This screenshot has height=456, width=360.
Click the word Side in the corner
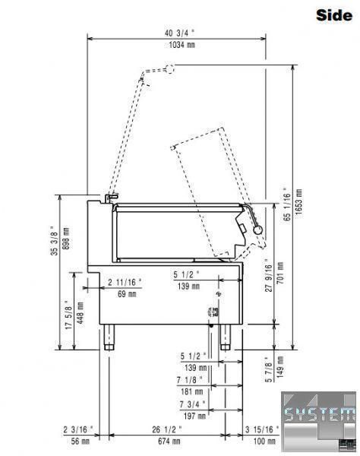(x=334, y=15)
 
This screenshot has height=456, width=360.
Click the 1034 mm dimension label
(x=182, y=45)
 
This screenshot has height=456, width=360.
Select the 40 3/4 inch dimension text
(x=179, y=33)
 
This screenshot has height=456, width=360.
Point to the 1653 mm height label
(x=298, y=201)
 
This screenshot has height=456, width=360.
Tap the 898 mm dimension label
(x=66, y=238)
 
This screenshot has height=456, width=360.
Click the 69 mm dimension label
(x=127, y=294)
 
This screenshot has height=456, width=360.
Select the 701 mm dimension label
(x=280, y=273)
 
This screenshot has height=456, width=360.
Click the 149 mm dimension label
(x=280, y=367)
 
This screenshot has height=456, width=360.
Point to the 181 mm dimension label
(x=191, y=391)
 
